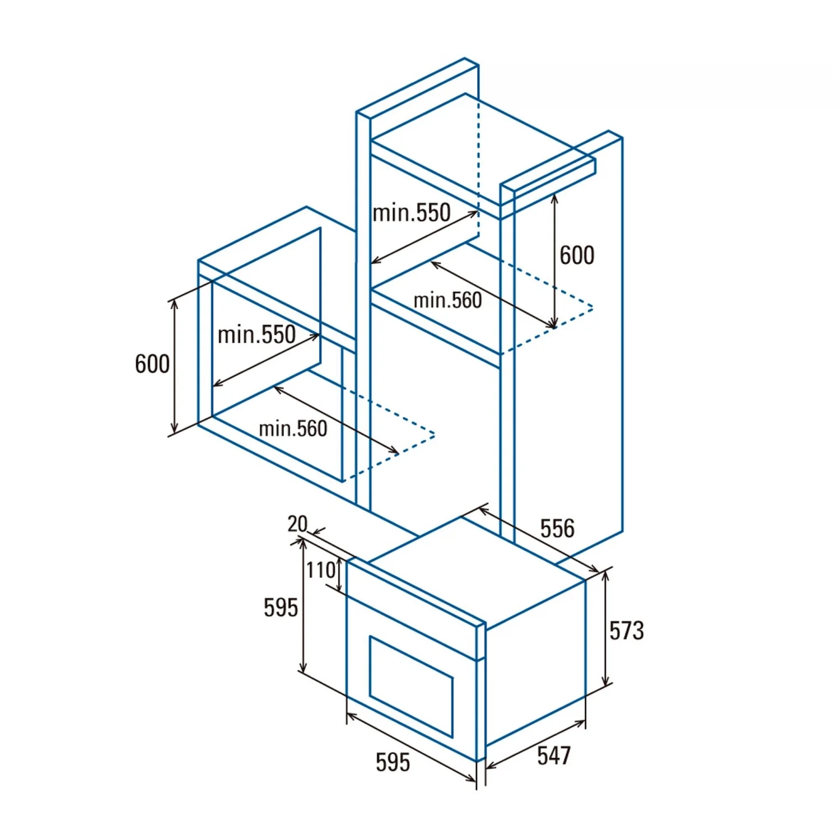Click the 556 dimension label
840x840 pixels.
click(x=557, y=528)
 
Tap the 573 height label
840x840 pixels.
click(x=627, y=630)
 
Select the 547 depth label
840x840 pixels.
click(x=554, y=755)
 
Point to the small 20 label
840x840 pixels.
click(x=297, y=524)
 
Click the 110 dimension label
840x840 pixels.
click(x=320, y=570)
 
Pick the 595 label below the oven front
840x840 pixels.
click(x=393, y=762)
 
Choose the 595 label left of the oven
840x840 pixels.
click(x=281, y=608)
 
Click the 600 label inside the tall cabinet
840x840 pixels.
click(x=577, y=255)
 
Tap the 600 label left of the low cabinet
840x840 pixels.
click(x=152, y=364)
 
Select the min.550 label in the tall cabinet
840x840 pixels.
click(x=412, y=213)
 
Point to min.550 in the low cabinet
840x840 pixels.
click(x=256, y=334)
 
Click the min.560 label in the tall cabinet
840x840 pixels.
click(x=447, y=300)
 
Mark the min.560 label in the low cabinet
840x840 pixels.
click(x=293, y=429)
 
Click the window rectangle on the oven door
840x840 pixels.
click(x=411, y=685)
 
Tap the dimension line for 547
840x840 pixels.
click(x=536, y=743)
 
